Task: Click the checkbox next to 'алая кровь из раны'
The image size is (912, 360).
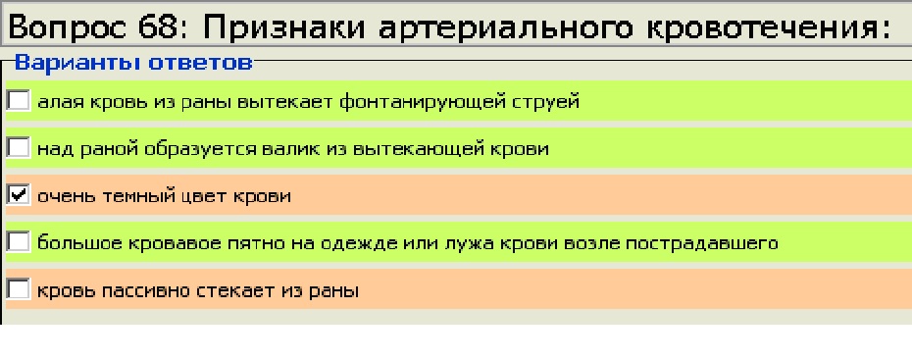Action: click(18, 101)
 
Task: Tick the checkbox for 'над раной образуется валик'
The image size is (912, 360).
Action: click(18, 148)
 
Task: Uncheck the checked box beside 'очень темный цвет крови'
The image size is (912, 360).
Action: click(18, 195)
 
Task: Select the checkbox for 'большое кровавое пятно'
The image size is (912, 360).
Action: click(18, 242)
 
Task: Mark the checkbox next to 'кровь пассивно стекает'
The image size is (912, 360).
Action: click(18, 289)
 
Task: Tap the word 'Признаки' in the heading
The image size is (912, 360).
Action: click(284, 27)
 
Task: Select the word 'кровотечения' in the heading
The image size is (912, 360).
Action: click(762, 27)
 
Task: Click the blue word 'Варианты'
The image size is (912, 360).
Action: click(77, 62)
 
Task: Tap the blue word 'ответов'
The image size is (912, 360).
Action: click(201, 63)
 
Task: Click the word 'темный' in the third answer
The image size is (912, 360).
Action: click(138, 196)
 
